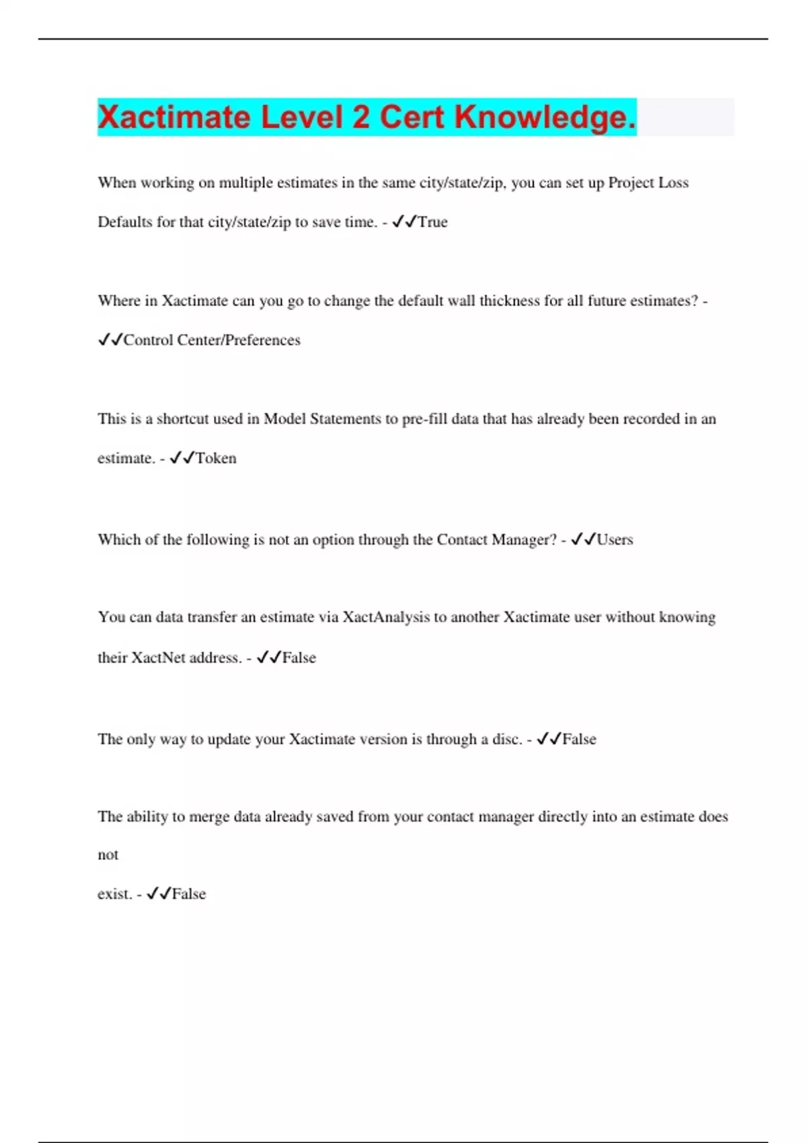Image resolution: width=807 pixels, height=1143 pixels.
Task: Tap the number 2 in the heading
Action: point(360,118)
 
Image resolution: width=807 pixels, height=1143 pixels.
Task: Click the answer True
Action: point(432,222)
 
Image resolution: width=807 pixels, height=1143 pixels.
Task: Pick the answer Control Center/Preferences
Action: point(212,340)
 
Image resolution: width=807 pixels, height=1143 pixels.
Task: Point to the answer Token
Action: point(216,459)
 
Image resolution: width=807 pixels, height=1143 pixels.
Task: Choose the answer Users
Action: point(615,540)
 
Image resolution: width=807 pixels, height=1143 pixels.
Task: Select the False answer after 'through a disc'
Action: point(579,739)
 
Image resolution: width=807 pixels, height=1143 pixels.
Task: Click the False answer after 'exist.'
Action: point(189,894)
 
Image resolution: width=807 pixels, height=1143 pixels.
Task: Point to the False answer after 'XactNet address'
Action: point(299,658)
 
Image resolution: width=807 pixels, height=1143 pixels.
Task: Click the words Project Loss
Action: point(648,183)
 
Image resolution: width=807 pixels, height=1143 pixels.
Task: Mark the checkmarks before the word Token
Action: point(182,459)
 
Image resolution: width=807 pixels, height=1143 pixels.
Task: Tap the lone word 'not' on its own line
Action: point(108,855)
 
